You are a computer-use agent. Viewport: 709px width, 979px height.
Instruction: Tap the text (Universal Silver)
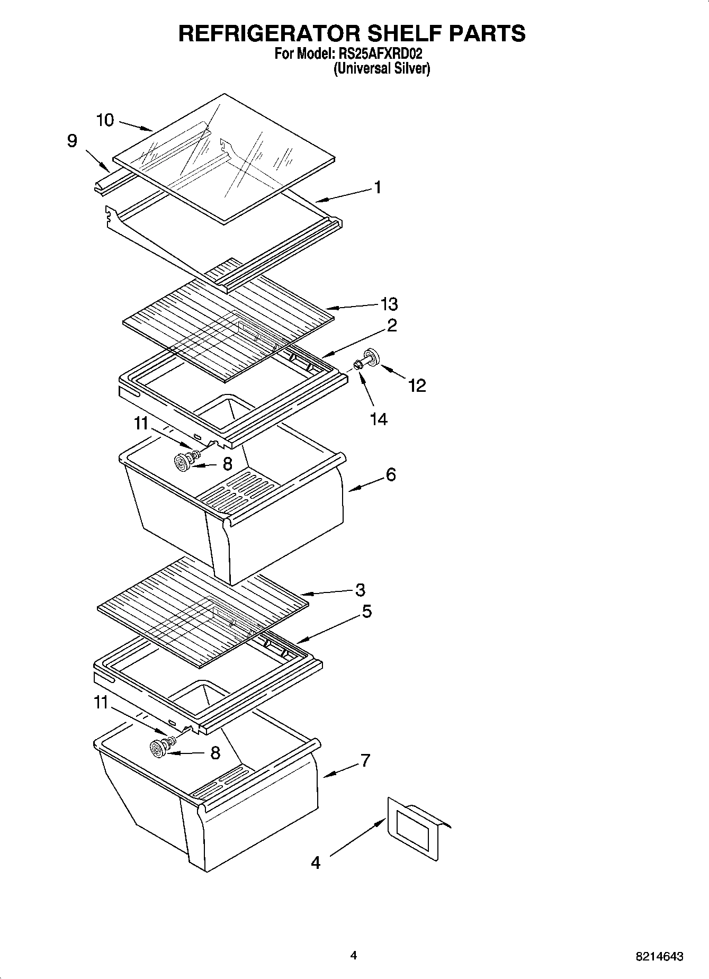(381, 68)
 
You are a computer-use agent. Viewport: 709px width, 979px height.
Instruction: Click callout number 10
(105, 121)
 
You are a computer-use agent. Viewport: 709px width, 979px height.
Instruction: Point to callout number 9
(72, 141)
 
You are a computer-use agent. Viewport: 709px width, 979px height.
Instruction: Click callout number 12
(417, 385)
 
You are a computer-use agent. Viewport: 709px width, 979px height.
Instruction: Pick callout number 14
(379, 419)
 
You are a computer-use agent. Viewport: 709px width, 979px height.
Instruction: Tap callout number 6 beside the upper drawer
(391, 474)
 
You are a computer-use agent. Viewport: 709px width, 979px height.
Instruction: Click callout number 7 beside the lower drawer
(365, 760)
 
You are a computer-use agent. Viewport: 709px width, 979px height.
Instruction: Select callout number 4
(315, 863)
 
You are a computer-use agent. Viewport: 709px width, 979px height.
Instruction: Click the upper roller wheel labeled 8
(184, 463)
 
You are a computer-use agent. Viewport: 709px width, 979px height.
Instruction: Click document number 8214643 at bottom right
(659, 957)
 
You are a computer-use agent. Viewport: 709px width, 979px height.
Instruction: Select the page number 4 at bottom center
(354, 955)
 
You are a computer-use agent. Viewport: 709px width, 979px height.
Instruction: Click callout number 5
(366, 612)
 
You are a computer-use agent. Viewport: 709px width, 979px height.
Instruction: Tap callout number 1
(377, 187)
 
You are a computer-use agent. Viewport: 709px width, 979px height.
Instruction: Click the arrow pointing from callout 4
(358, 837)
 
